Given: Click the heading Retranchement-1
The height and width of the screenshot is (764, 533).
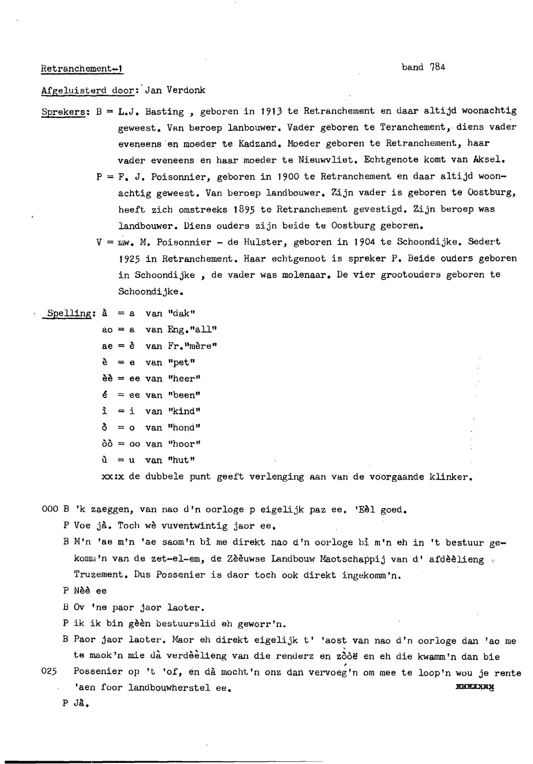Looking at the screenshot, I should [82, 69].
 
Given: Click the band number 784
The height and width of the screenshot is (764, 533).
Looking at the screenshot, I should [438, 67].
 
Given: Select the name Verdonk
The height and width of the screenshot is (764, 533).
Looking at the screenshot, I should [186, 90].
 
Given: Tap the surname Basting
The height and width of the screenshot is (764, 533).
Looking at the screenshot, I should [164, 111].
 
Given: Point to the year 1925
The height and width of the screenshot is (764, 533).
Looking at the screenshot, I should [129, 258].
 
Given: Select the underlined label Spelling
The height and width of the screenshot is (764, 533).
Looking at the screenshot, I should [70, 313].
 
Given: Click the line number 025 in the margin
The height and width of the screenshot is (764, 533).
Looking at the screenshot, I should [50, 671].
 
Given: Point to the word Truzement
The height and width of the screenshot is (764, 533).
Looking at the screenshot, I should [99, 574].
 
